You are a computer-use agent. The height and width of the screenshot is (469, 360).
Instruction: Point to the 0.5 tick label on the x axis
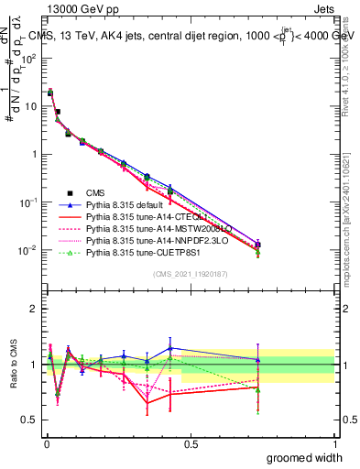190,443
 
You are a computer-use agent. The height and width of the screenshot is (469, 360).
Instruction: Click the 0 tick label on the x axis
46,443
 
